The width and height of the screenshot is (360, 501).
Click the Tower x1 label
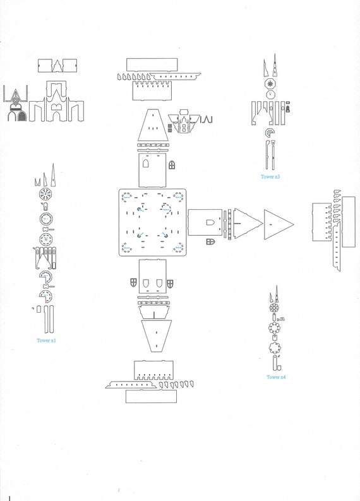click(x=46, y=341)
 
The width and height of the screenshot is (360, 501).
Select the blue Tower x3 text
click(x=270, y=177)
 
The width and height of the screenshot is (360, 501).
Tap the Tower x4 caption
click(x=276, y=377)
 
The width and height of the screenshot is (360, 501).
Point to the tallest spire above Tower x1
click(x=53, y=175)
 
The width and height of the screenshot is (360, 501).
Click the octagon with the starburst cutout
click(x=270, y=84)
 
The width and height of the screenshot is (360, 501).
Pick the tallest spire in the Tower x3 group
click(x=274, y=66)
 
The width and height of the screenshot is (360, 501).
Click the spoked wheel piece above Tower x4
click(x=274, y=308)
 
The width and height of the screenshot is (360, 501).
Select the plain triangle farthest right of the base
click(x=279, y=225)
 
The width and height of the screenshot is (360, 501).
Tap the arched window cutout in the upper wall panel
click(x=146, y=163)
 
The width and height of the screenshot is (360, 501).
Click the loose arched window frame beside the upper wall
click(x=172, y=165)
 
